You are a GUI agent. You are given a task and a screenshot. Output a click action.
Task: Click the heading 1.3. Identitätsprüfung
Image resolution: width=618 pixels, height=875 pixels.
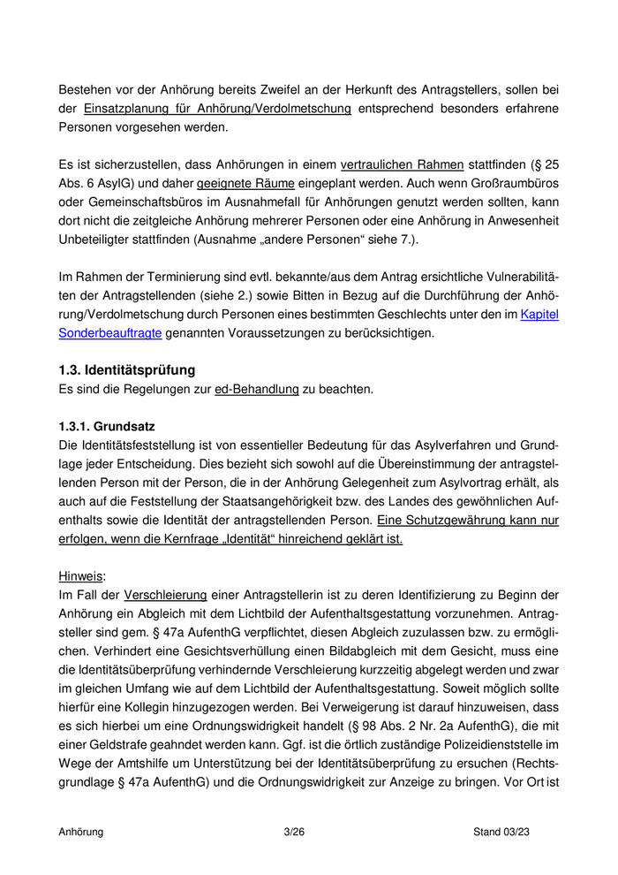coord(126,369)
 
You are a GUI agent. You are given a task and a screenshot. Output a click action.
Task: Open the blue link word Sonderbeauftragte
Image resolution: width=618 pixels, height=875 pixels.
coord(109,332)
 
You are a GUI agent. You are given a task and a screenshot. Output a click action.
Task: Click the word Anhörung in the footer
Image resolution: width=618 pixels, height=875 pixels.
coord(81,832)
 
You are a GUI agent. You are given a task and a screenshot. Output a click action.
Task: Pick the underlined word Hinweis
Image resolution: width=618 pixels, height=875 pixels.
coord(80,576)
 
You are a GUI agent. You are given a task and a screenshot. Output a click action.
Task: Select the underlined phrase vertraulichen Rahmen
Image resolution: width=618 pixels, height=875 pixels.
coord(402,164)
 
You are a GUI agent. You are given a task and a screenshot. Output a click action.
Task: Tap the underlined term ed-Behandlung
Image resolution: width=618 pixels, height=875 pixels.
coord(256,389)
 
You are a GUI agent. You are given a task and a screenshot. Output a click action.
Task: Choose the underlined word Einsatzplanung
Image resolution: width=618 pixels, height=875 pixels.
coord(124,109)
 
